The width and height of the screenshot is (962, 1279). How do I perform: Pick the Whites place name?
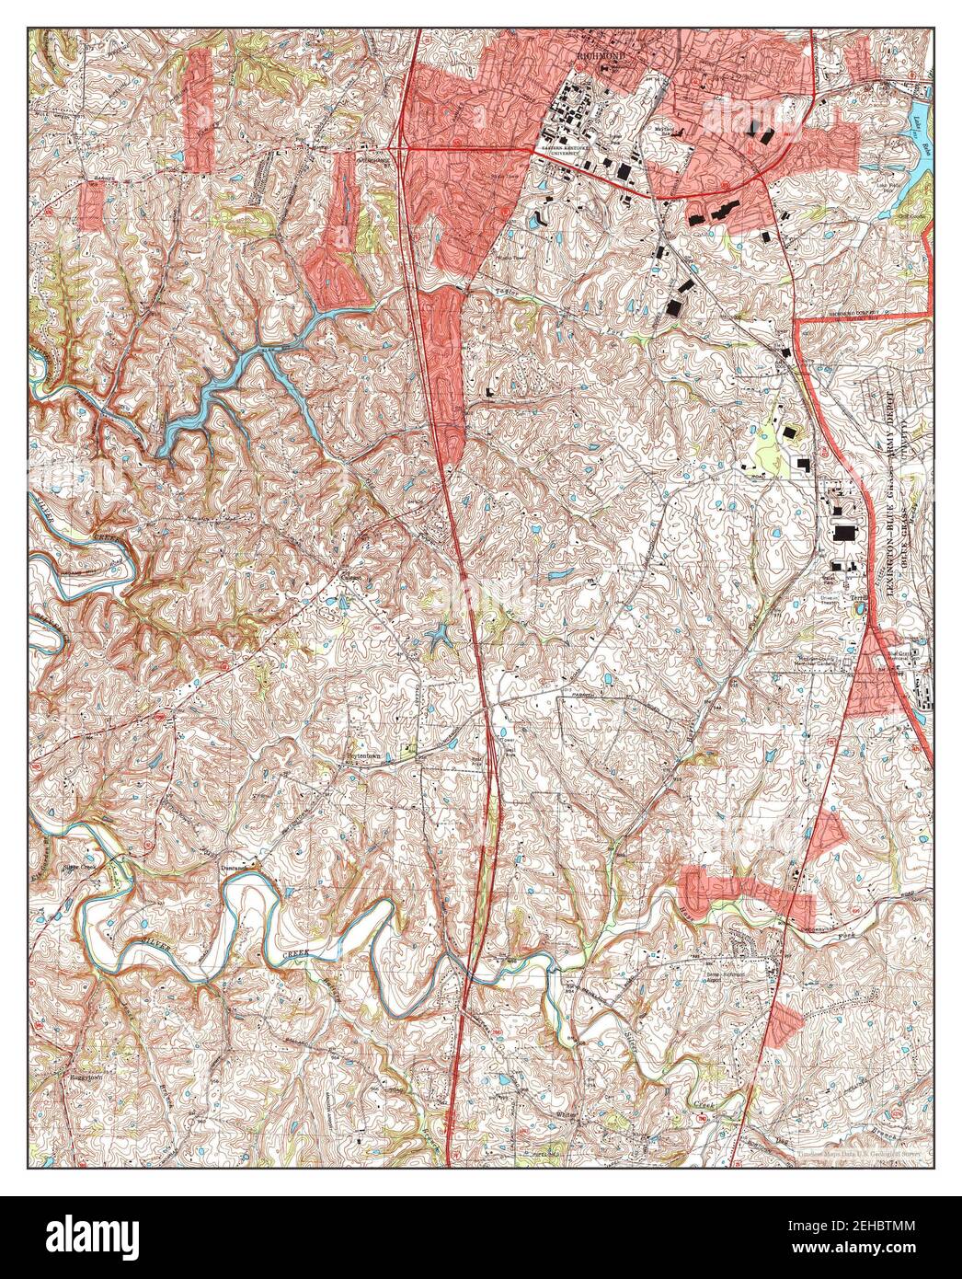567,1115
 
